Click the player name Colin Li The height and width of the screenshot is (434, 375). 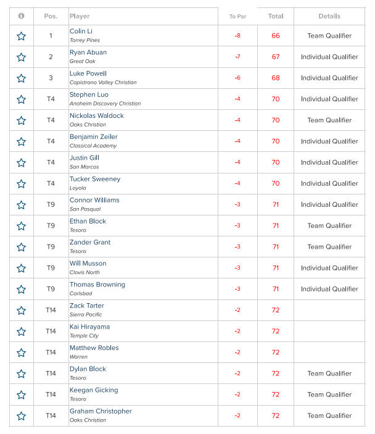[x=81, y=31]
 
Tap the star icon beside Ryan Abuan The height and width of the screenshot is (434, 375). [x=21, y=57]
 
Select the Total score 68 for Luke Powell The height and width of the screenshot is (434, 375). [x=276, y=78]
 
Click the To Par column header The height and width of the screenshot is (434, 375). [x=237, y=16]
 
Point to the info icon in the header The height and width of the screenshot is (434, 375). [x=21, y=16]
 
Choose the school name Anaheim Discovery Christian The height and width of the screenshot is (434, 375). [x=105, y=104]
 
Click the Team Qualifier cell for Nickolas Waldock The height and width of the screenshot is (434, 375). [x=329, y=120]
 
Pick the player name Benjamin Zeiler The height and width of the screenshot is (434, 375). [x=94, y=136]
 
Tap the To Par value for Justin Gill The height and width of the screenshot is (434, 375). [x=237, y=162]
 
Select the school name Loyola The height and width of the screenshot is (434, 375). [x=78, y=188]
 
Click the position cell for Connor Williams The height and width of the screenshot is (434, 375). [x=51, y=204]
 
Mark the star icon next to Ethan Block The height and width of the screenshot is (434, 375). [x=21, y=226]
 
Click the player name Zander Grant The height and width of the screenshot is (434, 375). [x=90, y=242]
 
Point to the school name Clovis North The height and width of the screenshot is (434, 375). [x=85, y=272]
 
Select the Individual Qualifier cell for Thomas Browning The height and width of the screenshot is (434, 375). [x=329, y=289]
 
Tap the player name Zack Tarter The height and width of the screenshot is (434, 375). [x=87, y=306]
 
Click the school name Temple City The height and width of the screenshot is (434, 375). [x=84, y=336]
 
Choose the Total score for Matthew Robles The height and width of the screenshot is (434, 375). [x=276, y=353]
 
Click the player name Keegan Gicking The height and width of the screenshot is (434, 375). [x=94, y=390]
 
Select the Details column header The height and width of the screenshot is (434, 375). [x=329, y=16]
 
